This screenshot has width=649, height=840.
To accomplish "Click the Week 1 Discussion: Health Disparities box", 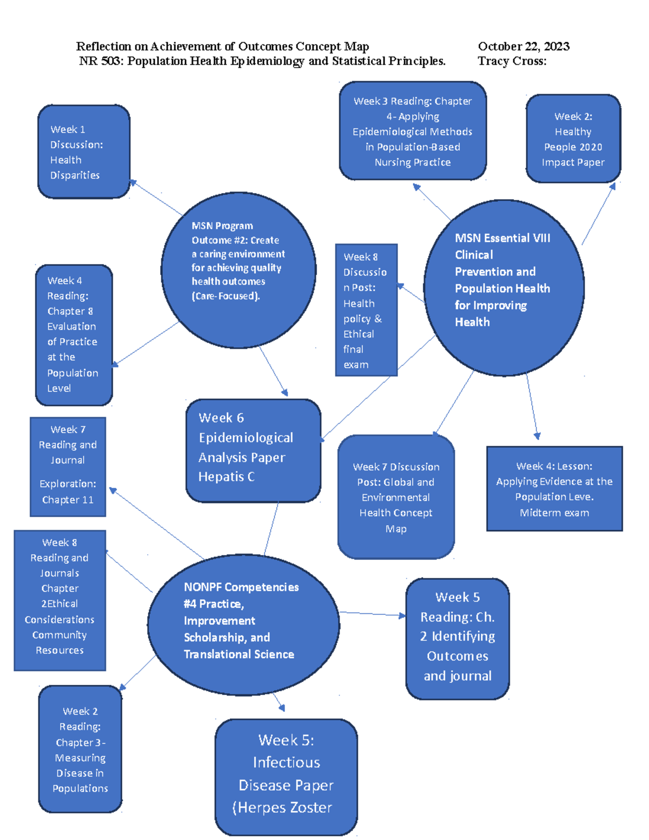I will pos(84,152).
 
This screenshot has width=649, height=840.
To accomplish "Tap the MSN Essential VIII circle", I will pos(504,288).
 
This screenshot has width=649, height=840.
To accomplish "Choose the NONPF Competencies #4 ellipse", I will pos(243,624).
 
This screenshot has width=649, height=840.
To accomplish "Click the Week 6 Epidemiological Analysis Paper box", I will pos(253,451).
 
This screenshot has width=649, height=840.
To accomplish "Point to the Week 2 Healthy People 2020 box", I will pos(573,139).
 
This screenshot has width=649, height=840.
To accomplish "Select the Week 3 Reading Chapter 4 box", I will pos(413,131).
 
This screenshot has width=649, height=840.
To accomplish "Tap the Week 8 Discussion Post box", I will pos(366,310).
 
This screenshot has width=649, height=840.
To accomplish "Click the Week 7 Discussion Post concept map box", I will pos(396,497).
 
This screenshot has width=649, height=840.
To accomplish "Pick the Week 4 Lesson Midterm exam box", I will pos(554,489).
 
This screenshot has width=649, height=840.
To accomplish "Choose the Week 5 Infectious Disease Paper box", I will pos(286,777).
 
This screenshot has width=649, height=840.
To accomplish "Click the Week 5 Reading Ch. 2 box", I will pos(458,638).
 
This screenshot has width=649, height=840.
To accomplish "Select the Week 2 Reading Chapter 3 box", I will pos(80,749).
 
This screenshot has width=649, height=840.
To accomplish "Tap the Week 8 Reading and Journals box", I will pos(59,600).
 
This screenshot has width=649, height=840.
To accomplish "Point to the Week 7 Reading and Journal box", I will pos(68,467).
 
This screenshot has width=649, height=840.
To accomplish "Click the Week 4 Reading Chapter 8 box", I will pos(74,335).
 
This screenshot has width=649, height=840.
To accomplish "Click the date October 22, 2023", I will pos(524,47).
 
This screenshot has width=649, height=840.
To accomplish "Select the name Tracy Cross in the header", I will pos(512,61).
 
